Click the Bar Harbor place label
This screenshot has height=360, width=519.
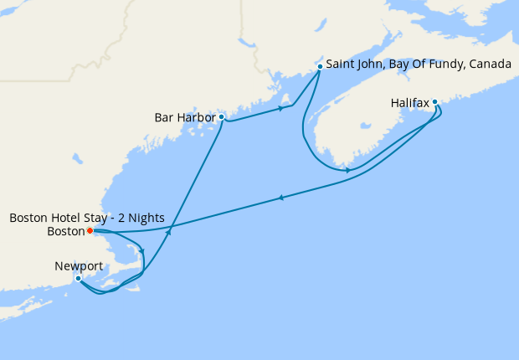point(184,117)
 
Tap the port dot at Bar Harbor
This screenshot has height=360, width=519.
point(221,117)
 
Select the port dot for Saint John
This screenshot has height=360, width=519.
point(320,65)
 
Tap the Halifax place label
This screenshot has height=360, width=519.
point(410,103)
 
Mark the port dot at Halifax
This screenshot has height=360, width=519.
point(435,103)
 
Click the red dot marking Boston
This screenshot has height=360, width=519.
point(90,230)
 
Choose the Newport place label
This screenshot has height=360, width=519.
point(79,266)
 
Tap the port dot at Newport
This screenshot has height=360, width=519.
point(78,278)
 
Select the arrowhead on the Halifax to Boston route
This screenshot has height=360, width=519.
point(280,198)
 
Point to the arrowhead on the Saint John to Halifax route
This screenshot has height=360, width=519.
point(347,171)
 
